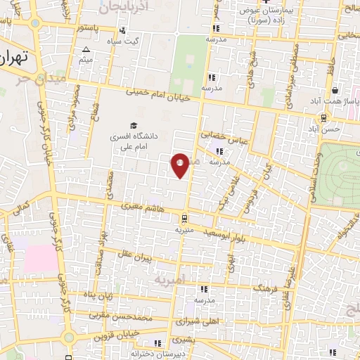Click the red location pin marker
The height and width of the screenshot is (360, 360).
pyautogui.click(x=180, y=165)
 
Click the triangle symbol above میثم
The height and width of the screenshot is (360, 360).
pyautogui.click(x=86, y=49)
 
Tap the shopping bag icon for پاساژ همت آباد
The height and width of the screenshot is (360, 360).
pyautogui.click(x=335, y=90)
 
